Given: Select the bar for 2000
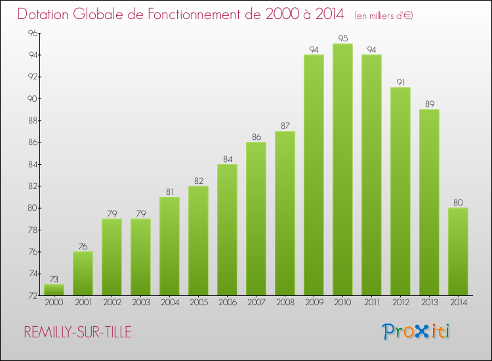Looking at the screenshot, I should (54, 289).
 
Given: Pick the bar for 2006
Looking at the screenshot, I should (227, 230).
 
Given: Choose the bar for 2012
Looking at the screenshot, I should (400, 191).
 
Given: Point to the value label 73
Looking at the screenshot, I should (54, 280).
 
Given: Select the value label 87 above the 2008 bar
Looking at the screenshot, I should (285, 126).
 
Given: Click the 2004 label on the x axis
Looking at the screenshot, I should (169, 303).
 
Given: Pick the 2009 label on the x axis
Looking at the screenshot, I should (314, 303).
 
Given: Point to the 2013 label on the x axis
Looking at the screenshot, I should (429, 303).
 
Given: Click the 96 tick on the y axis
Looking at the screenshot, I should (31, 33).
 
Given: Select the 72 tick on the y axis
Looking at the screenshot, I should (31, 295).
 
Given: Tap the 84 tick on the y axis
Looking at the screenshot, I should (31, 164).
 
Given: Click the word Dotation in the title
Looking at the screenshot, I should (45, 14).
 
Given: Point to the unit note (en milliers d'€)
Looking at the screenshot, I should (383, 15).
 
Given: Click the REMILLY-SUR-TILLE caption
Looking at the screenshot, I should (77, 332).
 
